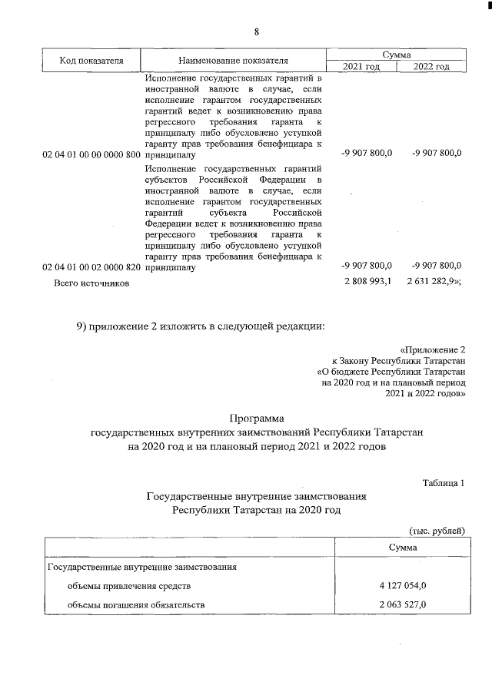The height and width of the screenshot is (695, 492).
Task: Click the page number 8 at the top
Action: point(258,31)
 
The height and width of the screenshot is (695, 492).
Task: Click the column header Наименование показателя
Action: point(233,61)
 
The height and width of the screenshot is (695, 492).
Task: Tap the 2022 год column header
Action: point(431,67)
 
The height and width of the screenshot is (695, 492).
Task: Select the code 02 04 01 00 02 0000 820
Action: point(91,267)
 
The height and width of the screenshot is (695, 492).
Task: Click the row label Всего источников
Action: point(91,283)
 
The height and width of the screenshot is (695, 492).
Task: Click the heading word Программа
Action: point(257,419)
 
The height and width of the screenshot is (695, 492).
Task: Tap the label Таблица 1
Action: point(444,482)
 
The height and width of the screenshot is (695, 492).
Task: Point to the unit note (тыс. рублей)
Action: point(436,531)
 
